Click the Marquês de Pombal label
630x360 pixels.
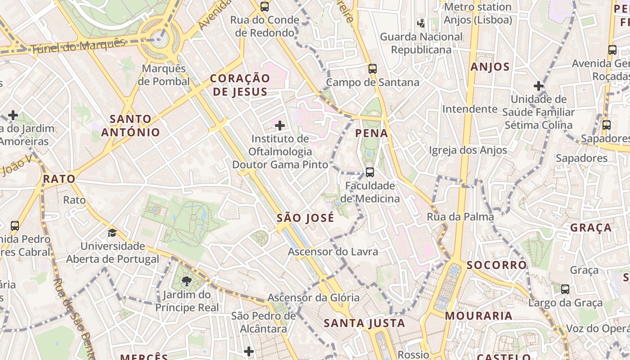click(x=164, y=75)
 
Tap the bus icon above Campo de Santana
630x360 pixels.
click(x=373, y=69)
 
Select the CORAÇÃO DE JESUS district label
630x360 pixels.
click(x=240, y=85)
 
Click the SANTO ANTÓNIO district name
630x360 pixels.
click(x=130, y=126)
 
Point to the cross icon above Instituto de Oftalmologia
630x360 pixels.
click(x=280, y=126)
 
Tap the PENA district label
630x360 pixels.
click(x=372, y=133)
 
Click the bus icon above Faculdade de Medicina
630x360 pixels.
click(x=370, y=172)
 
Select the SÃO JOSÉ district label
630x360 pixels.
click(x=305, y=218)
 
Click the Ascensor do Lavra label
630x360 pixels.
click(x=333, y=252)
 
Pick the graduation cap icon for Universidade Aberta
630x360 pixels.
click(x=112, y=233)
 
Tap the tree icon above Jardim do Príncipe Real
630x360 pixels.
click(x=186, y=282)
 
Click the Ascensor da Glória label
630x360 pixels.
click(x=314, y=297)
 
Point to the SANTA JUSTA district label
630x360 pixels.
click(x=364, y=323)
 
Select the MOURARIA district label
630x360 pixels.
click(x=479, y=316)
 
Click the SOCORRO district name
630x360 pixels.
click(x=496, y=265)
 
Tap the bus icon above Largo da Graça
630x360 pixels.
click(x=565, y=289)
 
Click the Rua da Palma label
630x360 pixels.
click(x=460, y=217)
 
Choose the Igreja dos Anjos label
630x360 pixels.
click(x=468, y=150)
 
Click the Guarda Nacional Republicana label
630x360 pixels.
click(x=421, y=43)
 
